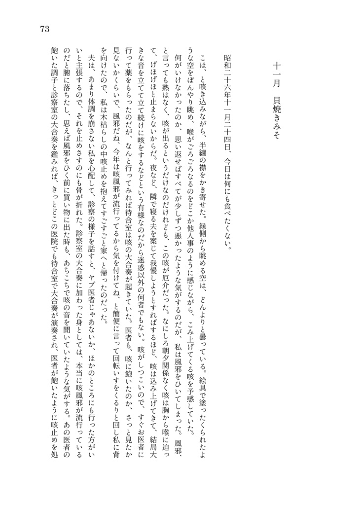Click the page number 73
pos(43,29)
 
